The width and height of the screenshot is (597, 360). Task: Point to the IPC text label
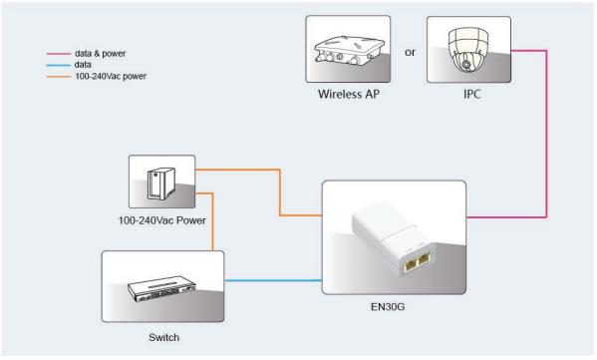coord(460,97)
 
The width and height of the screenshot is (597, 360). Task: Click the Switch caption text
coord(159,337)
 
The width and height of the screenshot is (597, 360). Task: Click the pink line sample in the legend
coord(58,53)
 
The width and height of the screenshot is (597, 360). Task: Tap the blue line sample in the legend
coord(58,64)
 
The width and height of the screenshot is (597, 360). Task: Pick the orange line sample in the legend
coord(58,75)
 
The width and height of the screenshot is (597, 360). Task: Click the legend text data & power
coord(99,53)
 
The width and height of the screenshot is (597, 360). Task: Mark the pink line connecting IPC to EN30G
coord(546,140)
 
